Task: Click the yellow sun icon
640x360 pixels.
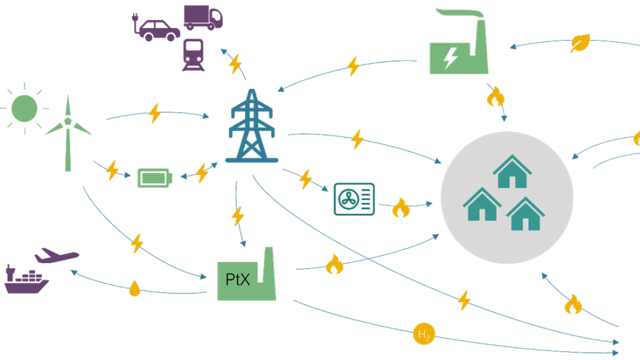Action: (24, 109)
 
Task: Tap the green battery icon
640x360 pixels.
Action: (155, 177)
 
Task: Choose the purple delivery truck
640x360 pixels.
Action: (202, 17)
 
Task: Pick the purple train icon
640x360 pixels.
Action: (193, 55)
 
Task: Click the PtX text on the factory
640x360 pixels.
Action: (237, 279)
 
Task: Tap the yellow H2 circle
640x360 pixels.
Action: (424, 335)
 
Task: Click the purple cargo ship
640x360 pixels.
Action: (26, 282)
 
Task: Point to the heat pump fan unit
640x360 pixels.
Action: (354, 199)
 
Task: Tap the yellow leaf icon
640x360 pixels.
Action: (580, 42)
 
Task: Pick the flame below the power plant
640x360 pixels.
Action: (496, 96)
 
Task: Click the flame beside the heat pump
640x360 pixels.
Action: (401, 207)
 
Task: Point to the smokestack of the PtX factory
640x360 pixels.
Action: (269, 268)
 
